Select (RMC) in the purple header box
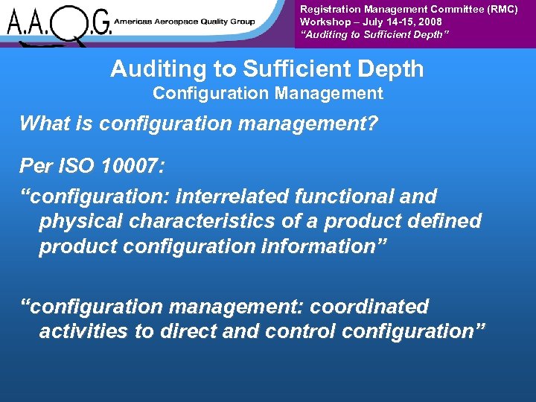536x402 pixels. pos(502,9)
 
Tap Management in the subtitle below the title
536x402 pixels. pos(337,94)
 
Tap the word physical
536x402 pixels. pos(75,222)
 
